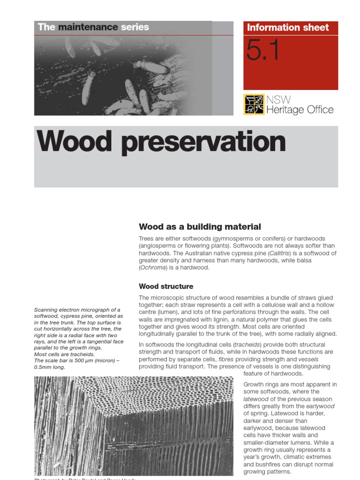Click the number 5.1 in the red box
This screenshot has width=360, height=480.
coord(263,52)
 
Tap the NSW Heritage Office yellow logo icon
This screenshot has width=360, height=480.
coord(254,104)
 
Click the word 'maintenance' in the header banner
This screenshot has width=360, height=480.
coord(88,27)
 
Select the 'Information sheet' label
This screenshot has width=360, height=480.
coord(288,27)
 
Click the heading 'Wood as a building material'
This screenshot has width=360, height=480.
coord(200,227)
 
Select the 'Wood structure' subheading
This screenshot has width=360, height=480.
coord(166,286)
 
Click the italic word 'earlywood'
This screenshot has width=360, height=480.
coord(320,406)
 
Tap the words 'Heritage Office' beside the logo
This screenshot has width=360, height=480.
coord(300,110)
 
